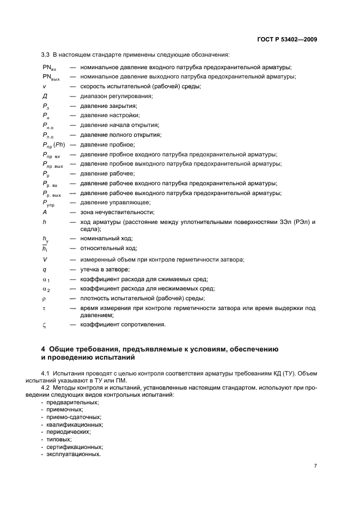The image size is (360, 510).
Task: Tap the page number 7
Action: pos(315,466)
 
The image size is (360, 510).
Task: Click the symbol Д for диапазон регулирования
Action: pos(45,96)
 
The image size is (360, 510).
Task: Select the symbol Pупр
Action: pos(48,203)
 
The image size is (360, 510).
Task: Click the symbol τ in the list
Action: pos(44,308)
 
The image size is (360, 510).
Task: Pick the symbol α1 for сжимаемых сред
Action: pos(46,279)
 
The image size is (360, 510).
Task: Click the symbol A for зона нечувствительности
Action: pos(45,212)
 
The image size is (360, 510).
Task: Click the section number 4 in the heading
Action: pos(44,349)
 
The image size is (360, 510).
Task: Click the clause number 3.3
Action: pos(46,54)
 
